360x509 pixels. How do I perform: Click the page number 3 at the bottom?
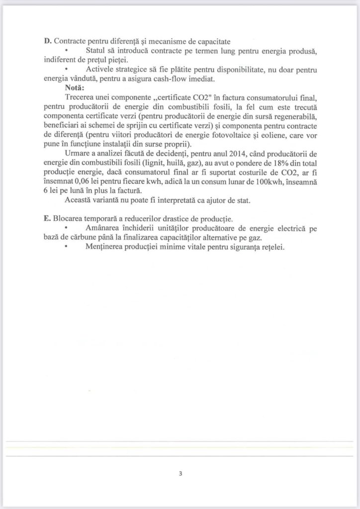coord(180,474)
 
